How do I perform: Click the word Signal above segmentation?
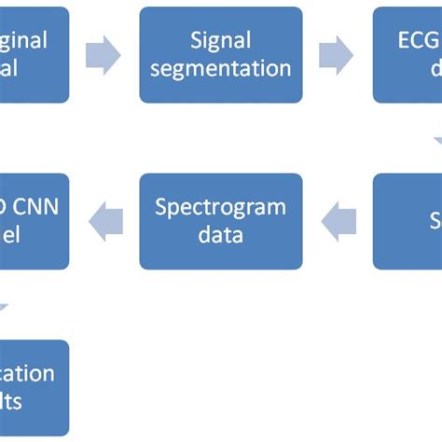(x=221, y=40)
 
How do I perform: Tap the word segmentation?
(x=221, y=69)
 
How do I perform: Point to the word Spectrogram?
(x=221, y=206)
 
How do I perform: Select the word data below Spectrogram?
(x=221, y=235)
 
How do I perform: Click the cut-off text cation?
(x=28, y=373)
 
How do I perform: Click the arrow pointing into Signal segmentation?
(x=104, y=55)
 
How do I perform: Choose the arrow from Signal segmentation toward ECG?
(x=337, y=55)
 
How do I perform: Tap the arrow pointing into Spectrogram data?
(x=338, y=221)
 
